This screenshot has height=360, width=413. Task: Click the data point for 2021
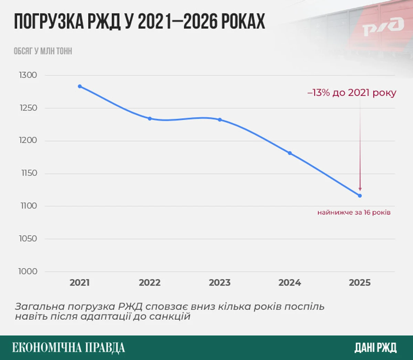point(80,86)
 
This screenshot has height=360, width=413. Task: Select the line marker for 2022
point(150,118)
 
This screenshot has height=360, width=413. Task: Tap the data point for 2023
point(220,120)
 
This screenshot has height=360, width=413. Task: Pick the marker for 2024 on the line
point(290,153)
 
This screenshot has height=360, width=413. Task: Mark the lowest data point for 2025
point(360,196)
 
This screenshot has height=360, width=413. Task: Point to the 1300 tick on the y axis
point(28,75)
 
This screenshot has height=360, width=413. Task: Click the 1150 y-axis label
point(29,173)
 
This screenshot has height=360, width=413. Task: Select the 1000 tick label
point(28,271)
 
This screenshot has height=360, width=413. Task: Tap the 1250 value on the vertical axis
point(28,108)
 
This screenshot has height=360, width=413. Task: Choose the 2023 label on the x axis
point(220,283)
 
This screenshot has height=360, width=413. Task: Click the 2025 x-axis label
point(360,283)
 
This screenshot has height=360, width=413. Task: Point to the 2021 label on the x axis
point(80,283)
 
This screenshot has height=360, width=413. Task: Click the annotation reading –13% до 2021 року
point(352,93)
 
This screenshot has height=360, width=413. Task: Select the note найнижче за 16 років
point(354,212)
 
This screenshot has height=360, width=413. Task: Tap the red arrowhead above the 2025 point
point(360,189)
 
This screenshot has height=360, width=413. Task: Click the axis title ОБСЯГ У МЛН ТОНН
point(43,51)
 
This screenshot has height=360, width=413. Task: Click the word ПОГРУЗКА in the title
point(49,22)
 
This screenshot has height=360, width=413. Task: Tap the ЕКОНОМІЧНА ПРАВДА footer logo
point(68,348)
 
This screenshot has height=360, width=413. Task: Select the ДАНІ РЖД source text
point(375,348)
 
